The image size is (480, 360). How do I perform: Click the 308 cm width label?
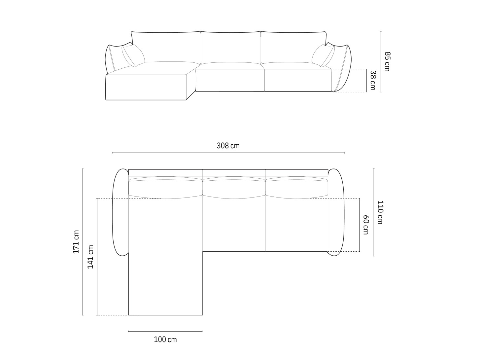click(228, 146)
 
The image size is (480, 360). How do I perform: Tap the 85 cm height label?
click(387, 61)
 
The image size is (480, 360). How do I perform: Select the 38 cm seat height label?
click(372, 80)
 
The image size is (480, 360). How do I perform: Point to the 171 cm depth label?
click(76, 242)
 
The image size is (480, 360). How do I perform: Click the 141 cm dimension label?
click(90, 257)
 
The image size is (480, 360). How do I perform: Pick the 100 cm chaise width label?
click(165, 340)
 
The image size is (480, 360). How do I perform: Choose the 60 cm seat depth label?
click(365, 225)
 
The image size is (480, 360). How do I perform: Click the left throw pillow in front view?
click(133, 55)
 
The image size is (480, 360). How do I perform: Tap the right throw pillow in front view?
click(323, 55)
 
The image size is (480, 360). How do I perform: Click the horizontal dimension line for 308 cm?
click(228, 153)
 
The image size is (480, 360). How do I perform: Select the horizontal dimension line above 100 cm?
click(165, 331)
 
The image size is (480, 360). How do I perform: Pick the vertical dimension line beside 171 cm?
click(83, 242)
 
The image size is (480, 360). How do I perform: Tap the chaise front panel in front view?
click(146, 87)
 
